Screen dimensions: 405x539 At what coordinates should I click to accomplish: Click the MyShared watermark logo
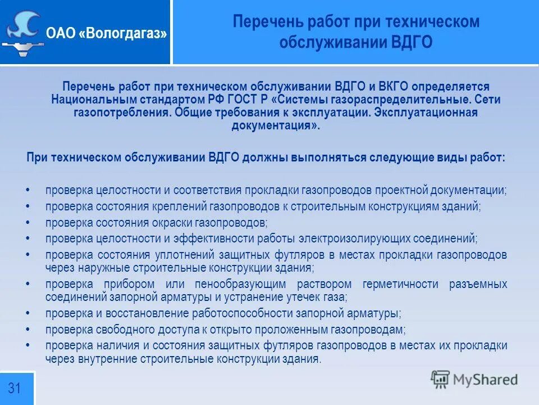click(x=475, y=379)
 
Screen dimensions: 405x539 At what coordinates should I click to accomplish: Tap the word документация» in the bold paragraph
click(x=275, y=125)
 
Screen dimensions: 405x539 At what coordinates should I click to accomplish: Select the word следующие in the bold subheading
click(x=394, y=157)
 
